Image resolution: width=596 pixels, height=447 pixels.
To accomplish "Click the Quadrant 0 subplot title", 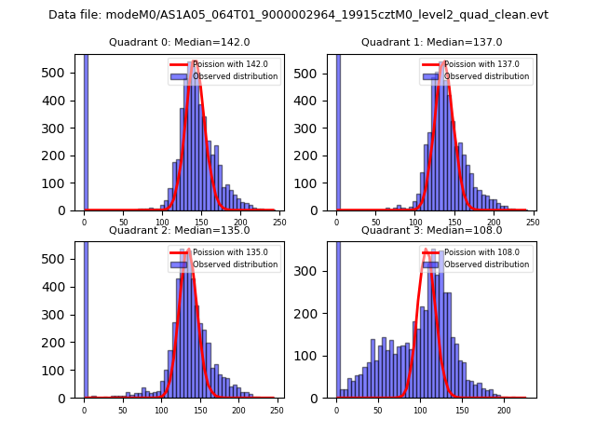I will (180, 42).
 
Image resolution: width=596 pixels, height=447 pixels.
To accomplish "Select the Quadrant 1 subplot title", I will (432, 42).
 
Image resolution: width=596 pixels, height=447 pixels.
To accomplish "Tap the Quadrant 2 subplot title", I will (180, 230).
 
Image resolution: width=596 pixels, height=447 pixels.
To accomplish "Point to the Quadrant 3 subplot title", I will (432, 230).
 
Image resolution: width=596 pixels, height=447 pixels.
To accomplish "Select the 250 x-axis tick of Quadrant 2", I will (277, 410).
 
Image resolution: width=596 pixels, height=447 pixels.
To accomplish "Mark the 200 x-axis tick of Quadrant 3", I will (504, 410).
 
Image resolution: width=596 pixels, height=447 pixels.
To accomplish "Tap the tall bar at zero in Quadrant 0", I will (86, 130).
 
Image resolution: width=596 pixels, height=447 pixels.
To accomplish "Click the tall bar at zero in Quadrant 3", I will (337, 317).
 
